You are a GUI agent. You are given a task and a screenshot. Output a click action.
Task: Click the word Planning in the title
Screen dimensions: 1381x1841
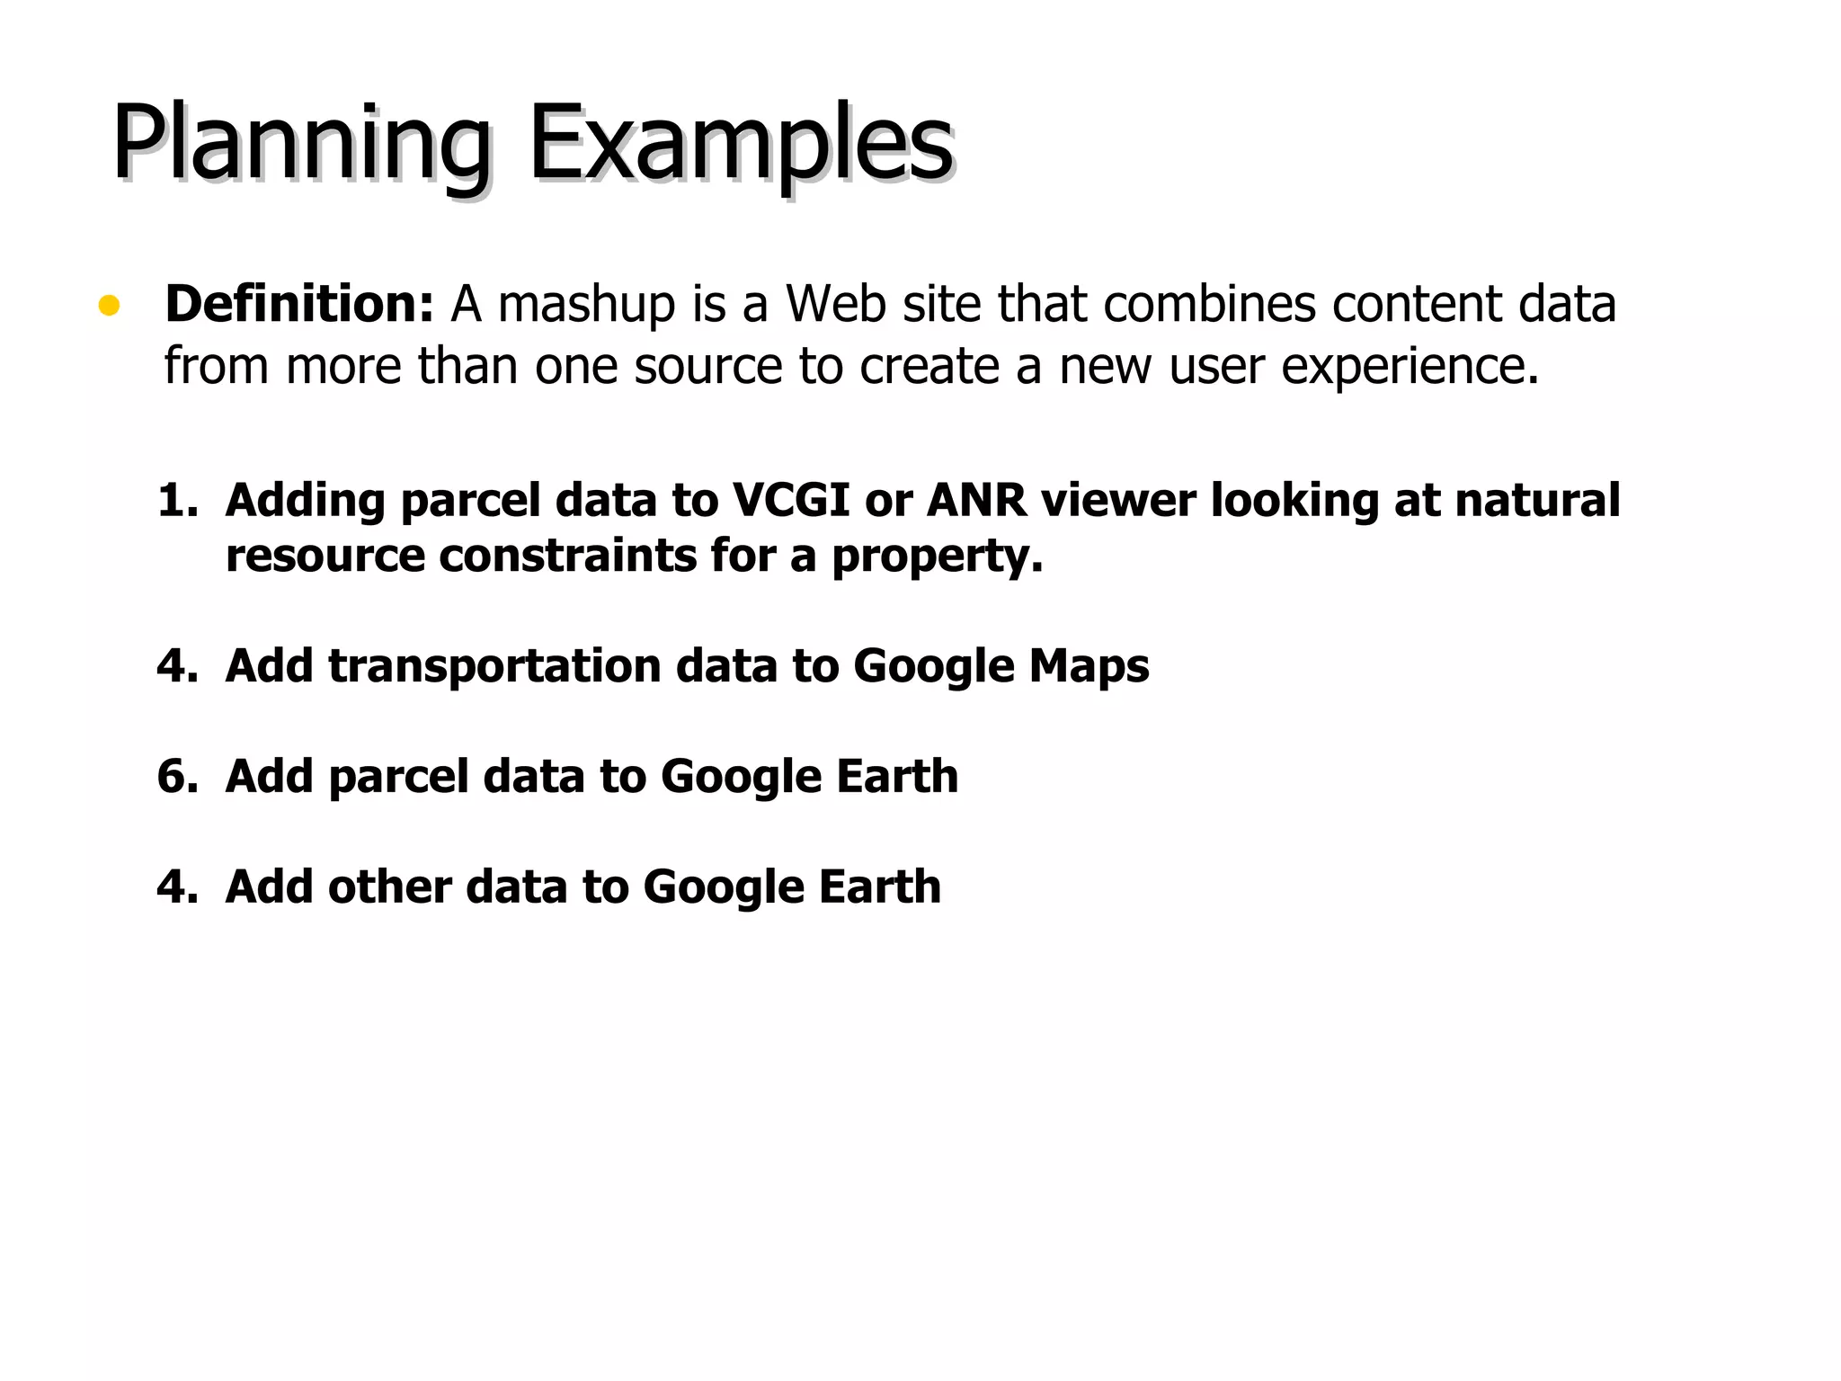[301, 144]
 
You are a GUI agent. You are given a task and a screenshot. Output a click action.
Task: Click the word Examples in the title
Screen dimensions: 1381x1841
[741, 144]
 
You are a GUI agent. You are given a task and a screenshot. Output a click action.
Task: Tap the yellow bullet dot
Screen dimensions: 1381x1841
[109, 306]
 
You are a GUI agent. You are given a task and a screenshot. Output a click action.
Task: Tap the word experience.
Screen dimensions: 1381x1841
[1410, 367]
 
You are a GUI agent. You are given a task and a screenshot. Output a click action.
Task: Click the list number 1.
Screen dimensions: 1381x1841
[176, 500]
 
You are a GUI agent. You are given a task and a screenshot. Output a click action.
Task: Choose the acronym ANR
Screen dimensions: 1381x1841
[976, 500]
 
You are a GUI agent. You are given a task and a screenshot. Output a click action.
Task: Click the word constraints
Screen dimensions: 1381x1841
[567, 556]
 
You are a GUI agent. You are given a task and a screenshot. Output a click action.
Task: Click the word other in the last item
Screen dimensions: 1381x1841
[389, 887]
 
